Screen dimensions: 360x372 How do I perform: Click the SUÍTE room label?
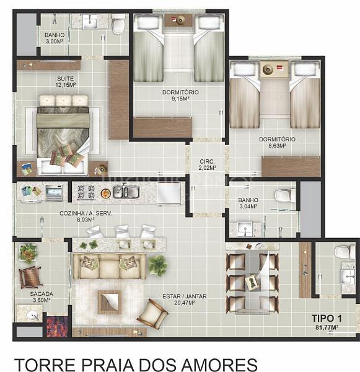pyautogui.click(x=65, y=79)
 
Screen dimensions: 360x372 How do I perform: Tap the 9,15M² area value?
pyautogui.click(x=180, y=99)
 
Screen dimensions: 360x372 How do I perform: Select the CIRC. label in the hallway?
pyautogui.click(x=207, y=162)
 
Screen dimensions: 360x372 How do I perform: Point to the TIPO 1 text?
pyautogui.click(x=327, y=319)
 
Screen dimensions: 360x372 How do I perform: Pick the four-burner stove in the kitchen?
pyautogui.click(x=85, y=192)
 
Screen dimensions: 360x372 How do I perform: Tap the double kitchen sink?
pyautogui.click(x=126, y=191)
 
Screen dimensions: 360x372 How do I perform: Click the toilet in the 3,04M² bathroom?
pyautogui.click(x=285, y=196)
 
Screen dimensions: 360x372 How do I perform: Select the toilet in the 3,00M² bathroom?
pyautogui.click(x=118, y=24)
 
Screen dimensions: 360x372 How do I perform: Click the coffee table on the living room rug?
pyautogui.click(x=110, y=301)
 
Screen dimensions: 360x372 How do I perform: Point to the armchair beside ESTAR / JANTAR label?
pyautogui.click(x=152, y=314)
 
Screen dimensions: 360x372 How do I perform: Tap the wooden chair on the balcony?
pyautogui.click(x=30, y=278)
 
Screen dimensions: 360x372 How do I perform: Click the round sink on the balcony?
pyautogui.click(x=33, y=316)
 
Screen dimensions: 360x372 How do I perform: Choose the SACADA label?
pyautogui.click(x=42, y=294)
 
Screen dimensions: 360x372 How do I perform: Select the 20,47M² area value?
pyautogui.click(x=185, y=303)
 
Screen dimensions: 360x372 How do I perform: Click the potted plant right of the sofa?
pyautogui.click(x=158, y=265)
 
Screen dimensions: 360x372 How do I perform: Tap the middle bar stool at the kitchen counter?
pyautogui.click(x=122, y=231)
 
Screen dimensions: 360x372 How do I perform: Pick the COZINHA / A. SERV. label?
pyautogui.click(x=86, y=213)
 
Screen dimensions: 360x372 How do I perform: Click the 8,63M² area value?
pyautogui.click(x=277, y=146)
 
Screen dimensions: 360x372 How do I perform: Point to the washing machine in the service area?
pyautogui.click(x=55, y=193)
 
